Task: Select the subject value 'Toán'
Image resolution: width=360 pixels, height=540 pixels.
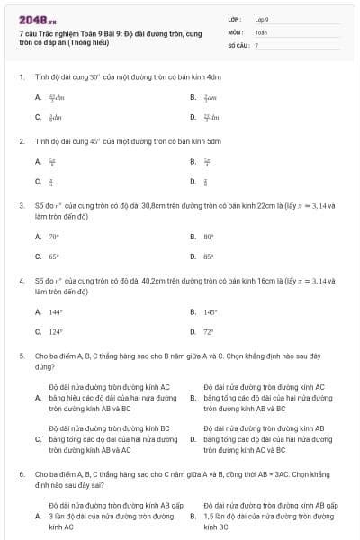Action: pos(261,31)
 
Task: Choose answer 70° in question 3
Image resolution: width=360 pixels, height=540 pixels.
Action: pos(54,237)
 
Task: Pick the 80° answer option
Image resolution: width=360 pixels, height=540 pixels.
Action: pos(209,237)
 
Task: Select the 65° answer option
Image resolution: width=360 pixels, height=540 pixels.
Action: pos(54,256)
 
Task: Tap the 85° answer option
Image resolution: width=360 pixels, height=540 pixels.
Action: pos(209,256)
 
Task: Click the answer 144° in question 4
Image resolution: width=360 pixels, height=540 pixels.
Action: pos(56,312)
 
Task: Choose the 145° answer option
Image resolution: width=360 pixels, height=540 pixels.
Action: pos(211,312)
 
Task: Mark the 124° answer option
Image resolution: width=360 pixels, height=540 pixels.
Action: pos(56,331)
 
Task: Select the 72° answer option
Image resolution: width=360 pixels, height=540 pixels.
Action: pos(209,331)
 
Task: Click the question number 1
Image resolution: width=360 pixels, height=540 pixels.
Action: pos(20,76)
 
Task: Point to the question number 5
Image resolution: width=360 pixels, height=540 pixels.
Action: pos(20,355)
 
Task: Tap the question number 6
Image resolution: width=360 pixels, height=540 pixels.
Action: pos(20,472)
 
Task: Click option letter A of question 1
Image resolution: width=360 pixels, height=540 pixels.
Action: pos(38,97)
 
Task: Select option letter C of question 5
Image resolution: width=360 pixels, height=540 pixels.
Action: pos(38,439)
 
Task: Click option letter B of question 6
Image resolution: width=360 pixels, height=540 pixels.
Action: pos(193,517)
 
